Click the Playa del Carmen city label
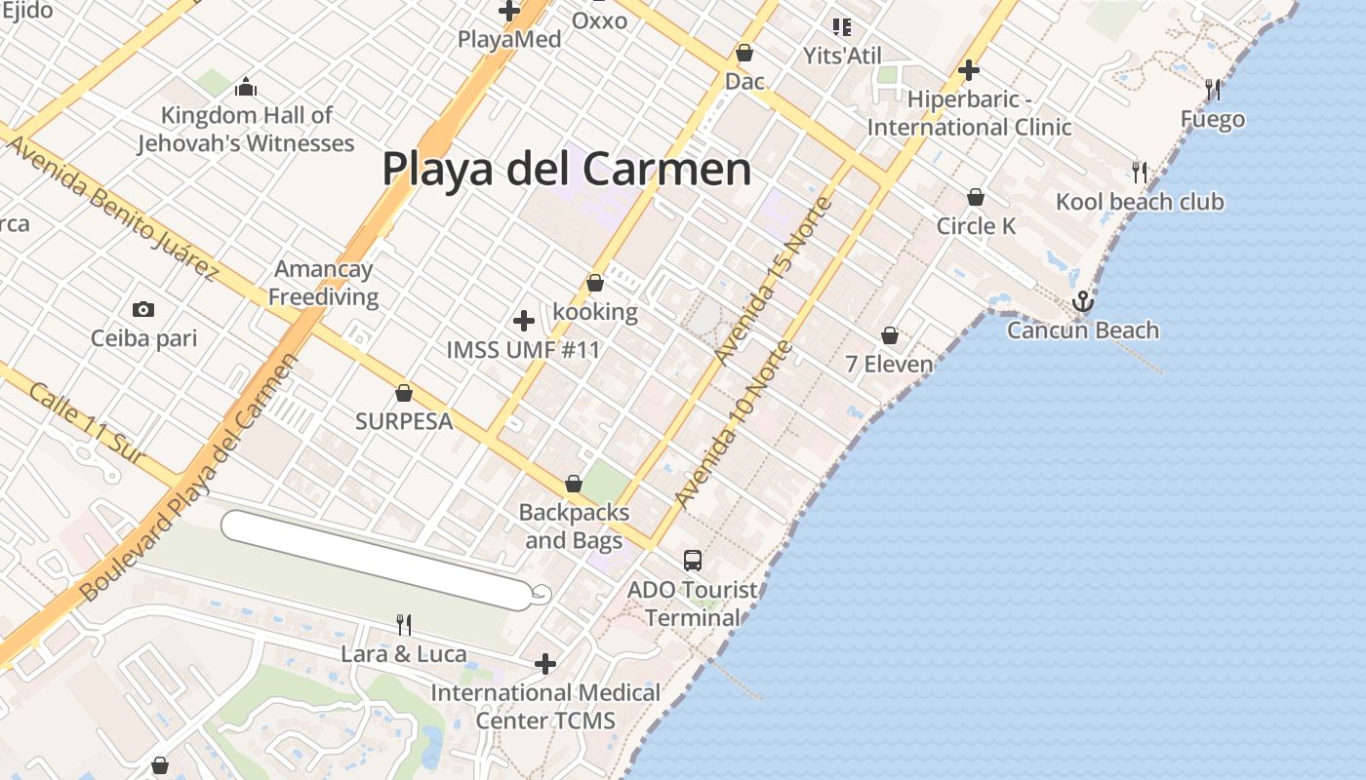pos(566,169)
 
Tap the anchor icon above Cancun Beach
pos(1083,302)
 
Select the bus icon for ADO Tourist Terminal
pos(693,561)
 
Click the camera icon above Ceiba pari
pos(143,310)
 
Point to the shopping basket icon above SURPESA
pos(404,393)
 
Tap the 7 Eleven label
pos(889,365)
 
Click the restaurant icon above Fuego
pos(1213,90)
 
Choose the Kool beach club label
pos(1140,202)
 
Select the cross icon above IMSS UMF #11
pos(524,320)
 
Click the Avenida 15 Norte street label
pos(773,281)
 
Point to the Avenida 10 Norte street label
pos(731,425)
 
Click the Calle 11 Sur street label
pos(87,423)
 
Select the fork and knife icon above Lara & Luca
pos(404,624)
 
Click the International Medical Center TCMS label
pos(545,707)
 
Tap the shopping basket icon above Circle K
pos(976,198)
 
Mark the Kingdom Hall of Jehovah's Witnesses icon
pos(245,87)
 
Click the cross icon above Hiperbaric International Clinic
pos(968,70)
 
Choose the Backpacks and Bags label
pos(574,526)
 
